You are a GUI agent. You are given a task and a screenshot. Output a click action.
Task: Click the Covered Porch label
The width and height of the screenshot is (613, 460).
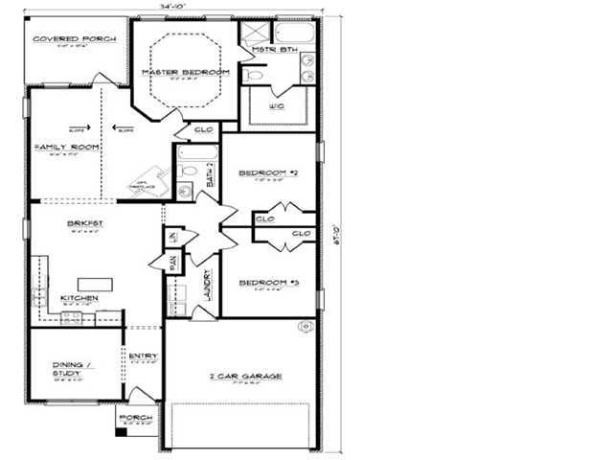click(75, 39)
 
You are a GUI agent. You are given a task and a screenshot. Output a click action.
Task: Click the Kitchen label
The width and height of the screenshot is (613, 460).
click(79, 298)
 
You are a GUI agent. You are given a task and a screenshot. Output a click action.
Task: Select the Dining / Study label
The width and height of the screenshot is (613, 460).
click(73, 367)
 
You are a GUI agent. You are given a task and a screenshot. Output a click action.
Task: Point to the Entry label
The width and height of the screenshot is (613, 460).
click(144, 356)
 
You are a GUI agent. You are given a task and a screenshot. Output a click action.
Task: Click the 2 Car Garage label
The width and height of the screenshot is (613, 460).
click(245, 377)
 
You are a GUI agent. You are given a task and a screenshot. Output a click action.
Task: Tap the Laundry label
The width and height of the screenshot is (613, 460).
click(207, 287)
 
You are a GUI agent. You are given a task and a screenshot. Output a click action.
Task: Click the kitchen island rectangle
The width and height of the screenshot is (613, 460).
click(95, 283)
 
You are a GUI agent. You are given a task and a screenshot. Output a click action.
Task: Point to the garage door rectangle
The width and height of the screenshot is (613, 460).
click(240, 425)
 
